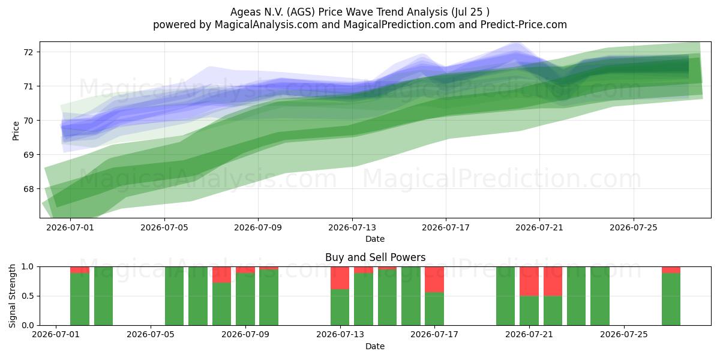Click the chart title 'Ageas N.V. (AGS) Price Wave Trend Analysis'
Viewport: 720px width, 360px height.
[339, 12]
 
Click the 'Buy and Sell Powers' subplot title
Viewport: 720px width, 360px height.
[375, 257]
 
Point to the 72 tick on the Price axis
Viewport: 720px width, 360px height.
[28, 52]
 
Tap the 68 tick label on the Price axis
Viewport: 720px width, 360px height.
[28, 189]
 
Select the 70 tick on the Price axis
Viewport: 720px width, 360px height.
[28, 121]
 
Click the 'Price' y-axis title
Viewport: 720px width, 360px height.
[16, 131]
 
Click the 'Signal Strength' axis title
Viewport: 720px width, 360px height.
[12, 296]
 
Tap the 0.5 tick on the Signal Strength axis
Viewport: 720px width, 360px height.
[28, 296]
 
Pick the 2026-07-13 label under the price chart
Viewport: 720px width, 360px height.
[352, 227]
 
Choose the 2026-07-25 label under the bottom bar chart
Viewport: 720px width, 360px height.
[624, 334]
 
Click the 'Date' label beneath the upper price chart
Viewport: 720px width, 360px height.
[375, 239]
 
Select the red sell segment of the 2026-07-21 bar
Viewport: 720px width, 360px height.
[529, 281]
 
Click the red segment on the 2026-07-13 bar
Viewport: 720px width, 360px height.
[340, 278]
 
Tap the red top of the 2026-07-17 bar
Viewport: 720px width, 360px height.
[434, 280]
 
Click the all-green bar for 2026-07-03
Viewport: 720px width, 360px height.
[103, 296]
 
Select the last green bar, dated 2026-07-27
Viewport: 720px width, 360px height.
[671, 299]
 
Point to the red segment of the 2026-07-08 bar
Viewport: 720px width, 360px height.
[221, 275]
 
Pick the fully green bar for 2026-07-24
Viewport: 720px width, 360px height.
[600, 296]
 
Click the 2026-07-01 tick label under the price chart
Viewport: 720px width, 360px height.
[70, 227]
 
